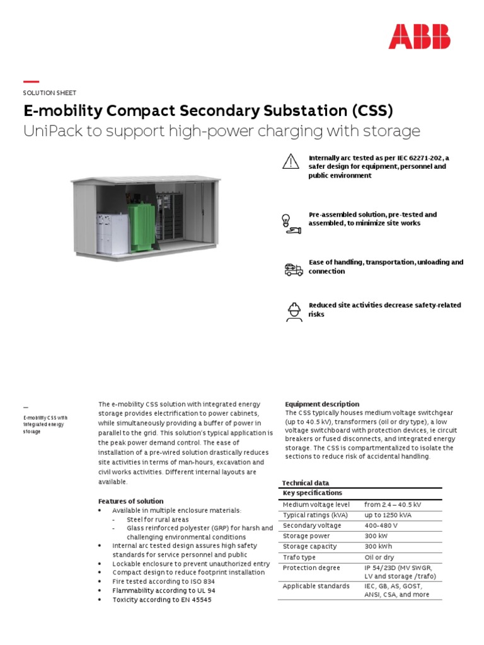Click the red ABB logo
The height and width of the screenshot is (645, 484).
click(419, 37)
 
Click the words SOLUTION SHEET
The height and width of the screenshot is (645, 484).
click(50, 93)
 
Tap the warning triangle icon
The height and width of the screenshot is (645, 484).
click(290, 162)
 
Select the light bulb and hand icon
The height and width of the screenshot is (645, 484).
click(290, 222)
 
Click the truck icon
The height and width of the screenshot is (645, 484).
click(294, 270)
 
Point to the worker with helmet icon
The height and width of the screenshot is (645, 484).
click(294, 311)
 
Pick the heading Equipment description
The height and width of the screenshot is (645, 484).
click(322, 404)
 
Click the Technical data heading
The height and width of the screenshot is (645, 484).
click(305, 483)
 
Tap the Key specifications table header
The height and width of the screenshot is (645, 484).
click(313, 493)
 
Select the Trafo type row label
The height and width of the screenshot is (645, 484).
click(299, 557)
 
